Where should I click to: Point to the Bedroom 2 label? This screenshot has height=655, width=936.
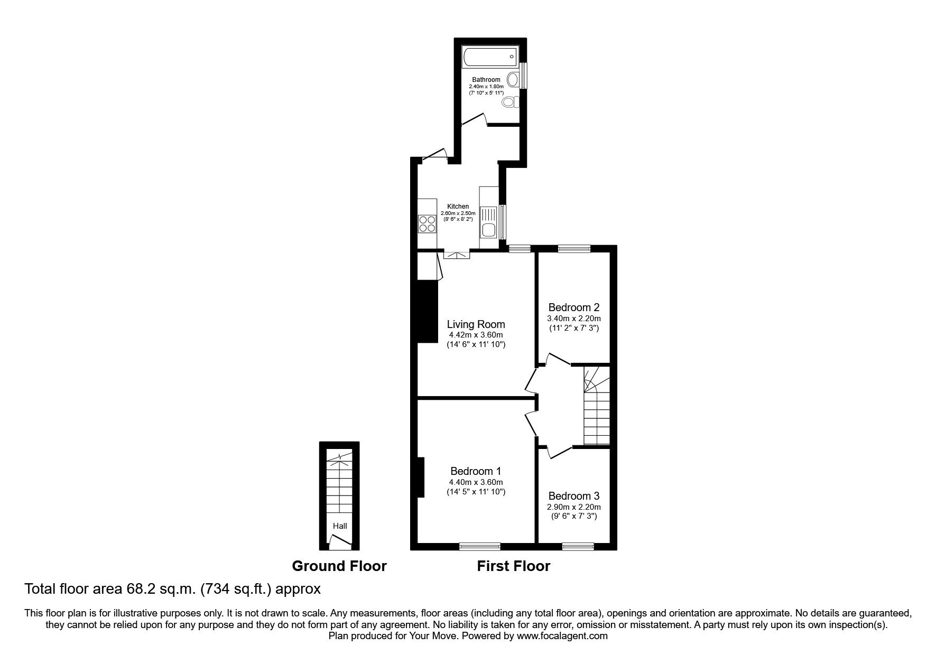(573, 307)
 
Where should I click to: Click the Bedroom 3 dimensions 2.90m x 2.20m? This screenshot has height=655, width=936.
(573, 507)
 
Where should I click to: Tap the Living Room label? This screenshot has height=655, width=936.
(476, 324)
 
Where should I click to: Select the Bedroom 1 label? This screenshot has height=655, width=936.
(476, 471)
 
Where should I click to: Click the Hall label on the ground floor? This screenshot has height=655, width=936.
(340, 526)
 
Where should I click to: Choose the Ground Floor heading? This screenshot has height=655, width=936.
(339, 566)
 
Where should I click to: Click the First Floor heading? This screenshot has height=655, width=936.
(513, 566)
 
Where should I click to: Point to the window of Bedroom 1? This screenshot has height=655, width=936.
(479, 546)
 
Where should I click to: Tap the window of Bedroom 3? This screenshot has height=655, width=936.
(578, 546)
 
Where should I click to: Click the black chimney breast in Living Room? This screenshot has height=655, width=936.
(428, 312)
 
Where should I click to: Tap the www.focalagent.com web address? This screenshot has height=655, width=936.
(562, 636)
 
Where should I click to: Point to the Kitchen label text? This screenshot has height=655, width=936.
(458, 207)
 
